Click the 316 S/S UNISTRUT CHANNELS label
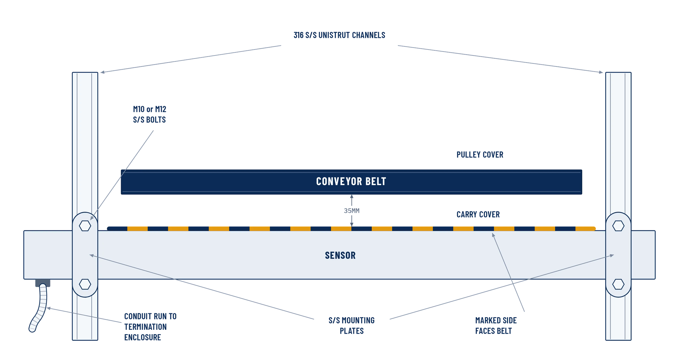(x=339, y=35)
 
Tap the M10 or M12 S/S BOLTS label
(x=149, y=114)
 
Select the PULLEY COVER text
(x=480, y=155)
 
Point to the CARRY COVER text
(x=478, y=214)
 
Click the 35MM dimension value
(x=352, y=211)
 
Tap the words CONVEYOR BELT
(x=351, y=181)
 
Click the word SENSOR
(x=340, y=255)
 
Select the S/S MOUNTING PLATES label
(x=352, y=325)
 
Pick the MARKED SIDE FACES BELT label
(x=496, y=325)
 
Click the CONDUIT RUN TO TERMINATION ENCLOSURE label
(x=150, y=327)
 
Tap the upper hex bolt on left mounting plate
(x=85, y=226)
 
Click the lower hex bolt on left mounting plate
(x=85, y=284)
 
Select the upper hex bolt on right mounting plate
(x=618, y=226)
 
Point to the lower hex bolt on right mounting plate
(x=618, y=284)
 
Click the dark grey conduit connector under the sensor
(x=43, y=283)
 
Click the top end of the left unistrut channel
(x=85, y=73)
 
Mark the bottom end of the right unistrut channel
(x=618, y=340)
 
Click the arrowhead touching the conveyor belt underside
(x=352, y=196)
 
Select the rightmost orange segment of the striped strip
(x=586, y=229)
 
